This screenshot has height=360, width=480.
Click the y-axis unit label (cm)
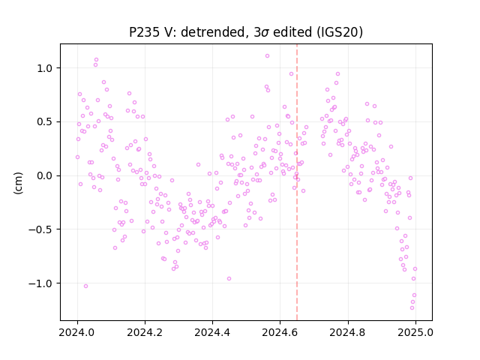click(x=18, y=183)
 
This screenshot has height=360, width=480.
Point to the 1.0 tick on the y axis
click(x=44, y=68)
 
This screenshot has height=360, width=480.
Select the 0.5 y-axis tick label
click(x=44, y=121)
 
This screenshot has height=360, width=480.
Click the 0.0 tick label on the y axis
click(x=44, y=175)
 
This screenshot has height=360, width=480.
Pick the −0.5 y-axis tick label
click(x=40, y=229)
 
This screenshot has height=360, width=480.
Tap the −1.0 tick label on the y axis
click(x=40, y=283)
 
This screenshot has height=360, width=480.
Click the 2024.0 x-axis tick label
click(x=77, y=332)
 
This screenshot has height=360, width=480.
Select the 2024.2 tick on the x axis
click(x=145, y=332)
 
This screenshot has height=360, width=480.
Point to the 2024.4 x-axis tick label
click(x=212, y=332)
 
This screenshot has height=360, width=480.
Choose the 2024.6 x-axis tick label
click(x=280, y=332)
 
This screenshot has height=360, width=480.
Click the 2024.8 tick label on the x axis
click(x=348, y=332)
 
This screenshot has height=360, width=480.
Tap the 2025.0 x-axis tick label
click(x=415, y=332)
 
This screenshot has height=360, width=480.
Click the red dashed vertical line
click(x=297, y=182)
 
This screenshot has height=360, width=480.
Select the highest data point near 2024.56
click(x=267, y=56)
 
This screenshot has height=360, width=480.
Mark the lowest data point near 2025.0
click(x=412, y=308)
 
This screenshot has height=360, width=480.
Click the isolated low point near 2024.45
click(x=229, y=279)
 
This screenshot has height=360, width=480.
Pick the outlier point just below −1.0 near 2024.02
click(x=85, y=286)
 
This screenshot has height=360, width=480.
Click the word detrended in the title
click(x=213, y=32)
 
